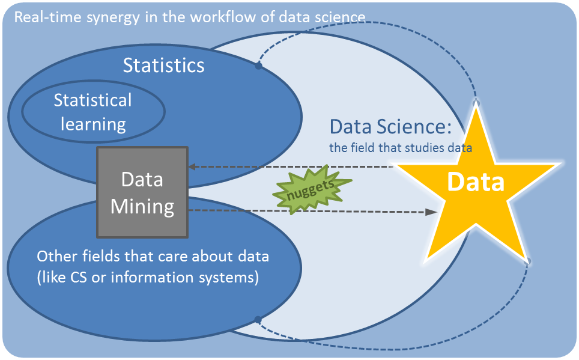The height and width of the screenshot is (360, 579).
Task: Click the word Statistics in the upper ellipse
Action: (x=163, y=66)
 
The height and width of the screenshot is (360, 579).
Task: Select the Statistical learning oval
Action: (x=94, y=111)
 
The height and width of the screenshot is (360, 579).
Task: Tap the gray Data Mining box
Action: (x=142, y=192)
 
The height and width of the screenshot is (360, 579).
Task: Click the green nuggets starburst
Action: (x=312, y=189)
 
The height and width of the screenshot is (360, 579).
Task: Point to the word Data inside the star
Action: (x=476, y=182)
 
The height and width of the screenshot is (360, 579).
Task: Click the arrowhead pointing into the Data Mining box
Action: (x=192, y=166)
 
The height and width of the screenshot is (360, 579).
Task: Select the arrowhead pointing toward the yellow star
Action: (x=432, y=212)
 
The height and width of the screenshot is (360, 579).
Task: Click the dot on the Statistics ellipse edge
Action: (x=258, y=66)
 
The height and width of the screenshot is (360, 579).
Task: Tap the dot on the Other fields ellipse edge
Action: (x=258, y=320)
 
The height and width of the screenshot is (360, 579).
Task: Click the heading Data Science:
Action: (x=390, y=127)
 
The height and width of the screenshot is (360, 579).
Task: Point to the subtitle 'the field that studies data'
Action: (x=401, y=148)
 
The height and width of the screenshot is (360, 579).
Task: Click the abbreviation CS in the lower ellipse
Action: (x=78, y=277)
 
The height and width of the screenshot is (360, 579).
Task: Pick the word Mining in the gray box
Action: (x=142, y=207)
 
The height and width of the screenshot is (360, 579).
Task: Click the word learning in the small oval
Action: (x=94, y=124)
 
